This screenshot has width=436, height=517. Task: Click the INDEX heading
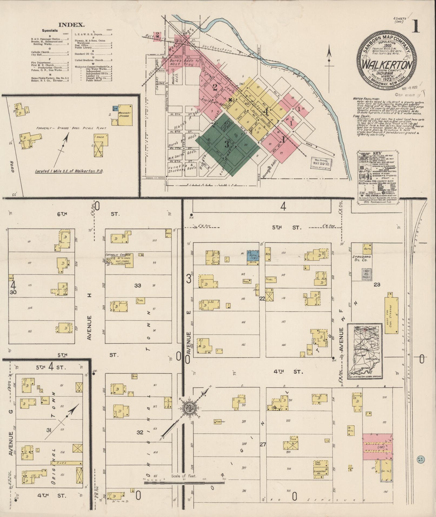click(72, 25)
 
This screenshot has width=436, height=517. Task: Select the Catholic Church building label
click(118, 255)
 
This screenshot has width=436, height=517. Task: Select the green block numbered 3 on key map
click(227, 144)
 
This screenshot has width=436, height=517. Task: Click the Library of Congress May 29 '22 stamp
click(322, 163)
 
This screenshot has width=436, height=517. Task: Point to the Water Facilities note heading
click(366, 99)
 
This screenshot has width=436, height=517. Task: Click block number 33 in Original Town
click(138, 285)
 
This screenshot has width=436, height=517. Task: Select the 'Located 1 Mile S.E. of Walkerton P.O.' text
click(69, 171)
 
